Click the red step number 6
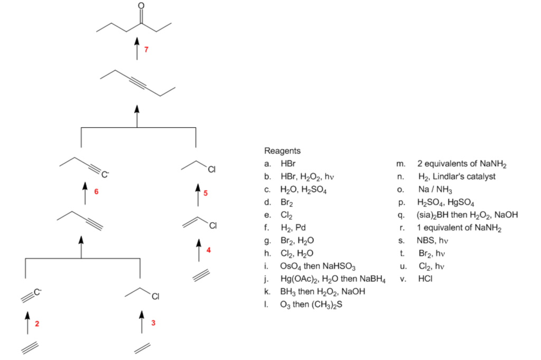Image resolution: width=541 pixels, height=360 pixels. [96, 191]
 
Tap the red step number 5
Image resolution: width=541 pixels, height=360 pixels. [206, 193]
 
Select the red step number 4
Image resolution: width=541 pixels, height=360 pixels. [208, 250]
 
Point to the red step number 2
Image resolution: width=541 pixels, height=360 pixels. [36, 323]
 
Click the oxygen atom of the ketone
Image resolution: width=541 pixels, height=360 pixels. [141, 6]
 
